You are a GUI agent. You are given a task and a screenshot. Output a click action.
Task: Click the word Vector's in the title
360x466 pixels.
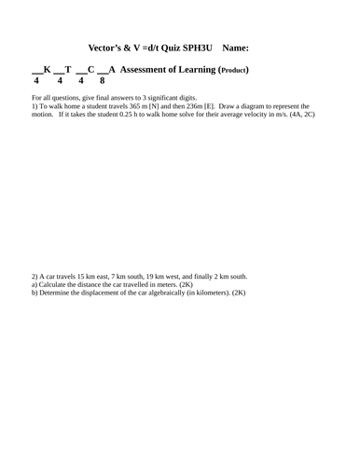(x=105, y=46)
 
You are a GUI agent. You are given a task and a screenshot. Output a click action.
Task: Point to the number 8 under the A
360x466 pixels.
(x=102, y=81)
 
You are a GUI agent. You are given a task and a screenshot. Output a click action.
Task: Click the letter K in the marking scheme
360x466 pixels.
(x=48, y=70)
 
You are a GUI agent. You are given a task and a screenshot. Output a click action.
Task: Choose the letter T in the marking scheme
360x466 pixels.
(x=68, y=70)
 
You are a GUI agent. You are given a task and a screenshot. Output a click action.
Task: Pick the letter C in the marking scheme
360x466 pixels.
(x=90, y=70)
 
